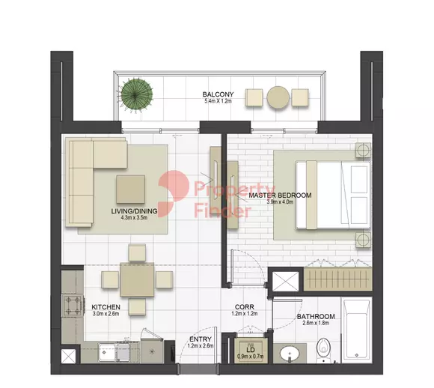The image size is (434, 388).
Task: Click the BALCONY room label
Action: (218, 94)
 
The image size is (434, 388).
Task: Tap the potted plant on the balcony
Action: (137, 94)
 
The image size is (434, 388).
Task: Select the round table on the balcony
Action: (278, 97)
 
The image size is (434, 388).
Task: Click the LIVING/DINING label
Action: (134, 211)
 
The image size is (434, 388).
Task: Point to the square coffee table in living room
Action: (131, 190)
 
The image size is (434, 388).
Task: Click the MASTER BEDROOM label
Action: (280, 195)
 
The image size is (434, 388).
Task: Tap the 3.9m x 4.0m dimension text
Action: (280, 202)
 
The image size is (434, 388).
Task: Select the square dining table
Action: (137, 279)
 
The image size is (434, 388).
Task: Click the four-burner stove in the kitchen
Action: (73, 306)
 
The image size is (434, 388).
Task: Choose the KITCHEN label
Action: (106, 307)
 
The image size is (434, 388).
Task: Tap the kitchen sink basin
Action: (109, 353)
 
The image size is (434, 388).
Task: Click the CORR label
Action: (245, 307)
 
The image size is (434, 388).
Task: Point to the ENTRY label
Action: (201, 339)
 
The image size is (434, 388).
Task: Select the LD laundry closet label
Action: (251, 351)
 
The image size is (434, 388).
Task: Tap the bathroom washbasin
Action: (290, 354)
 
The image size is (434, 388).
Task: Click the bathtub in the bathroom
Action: (356, 330)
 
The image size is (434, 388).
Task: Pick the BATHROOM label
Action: (316, 316)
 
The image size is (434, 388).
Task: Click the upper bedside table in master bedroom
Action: (363, 150)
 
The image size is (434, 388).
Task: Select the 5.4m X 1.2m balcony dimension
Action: (218, 101)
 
